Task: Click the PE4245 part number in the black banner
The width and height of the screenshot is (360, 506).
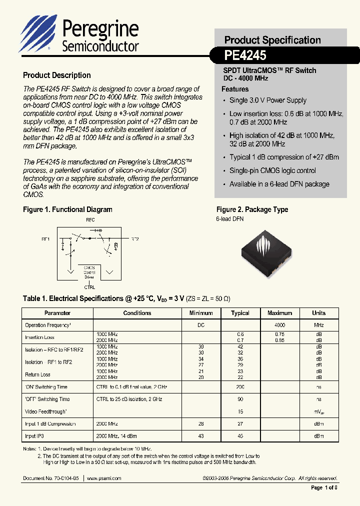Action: click(x=245, y=54)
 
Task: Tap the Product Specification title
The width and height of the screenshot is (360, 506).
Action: click(x=272, y=40)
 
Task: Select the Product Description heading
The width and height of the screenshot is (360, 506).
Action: click(x=57, y=75)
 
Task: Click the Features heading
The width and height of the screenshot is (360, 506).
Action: click(x=235, y=89)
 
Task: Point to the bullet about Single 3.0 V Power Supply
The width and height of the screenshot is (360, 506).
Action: click(x=267, y=100)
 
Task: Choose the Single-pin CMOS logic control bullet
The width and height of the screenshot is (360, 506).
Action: click(x=272, y=170)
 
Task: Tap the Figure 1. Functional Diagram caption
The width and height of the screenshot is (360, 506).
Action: click(x=67, y=209)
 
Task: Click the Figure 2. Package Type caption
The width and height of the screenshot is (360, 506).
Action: click(x=252, y=209)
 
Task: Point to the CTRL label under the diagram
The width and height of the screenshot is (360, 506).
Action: click(x=89, y=287)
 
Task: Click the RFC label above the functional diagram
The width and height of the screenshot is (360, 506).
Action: click(x=90, y=220)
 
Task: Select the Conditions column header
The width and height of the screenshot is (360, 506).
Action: click(x=137, y=313)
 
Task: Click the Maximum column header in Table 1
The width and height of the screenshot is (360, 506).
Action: click(x=279, y=313)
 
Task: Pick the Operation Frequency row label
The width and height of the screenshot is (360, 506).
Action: click(x=48, y=325)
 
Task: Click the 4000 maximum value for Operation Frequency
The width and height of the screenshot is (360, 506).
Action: click(x=279, y=325)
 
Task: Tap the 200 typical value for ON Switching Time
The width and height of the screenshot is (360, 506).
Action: click(x=240, y=387)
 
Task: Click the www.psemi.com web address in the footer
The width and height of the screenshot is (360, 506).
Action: click(x=104, y=478)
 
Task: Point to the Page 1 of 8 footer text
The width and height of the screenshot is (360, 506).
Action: click(x=324, y=487)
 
